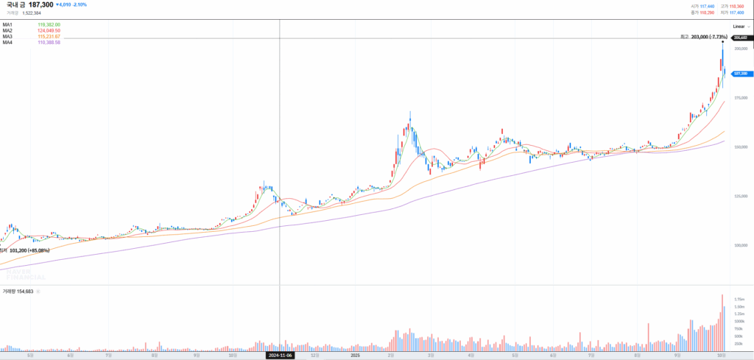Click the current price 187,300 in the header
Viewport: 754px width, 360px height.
pos(40,4)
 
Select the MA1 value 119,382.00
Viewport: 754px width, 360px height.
pos(49,24)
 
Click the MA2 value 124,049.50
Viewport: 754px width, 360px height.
pos(49,30)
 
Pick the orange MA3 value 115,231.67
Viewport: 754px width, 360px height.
pos(49,36)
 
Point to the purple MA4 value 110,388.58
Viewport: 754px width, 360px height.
pos(49,42)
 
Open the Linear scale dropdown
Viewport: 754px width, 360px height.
pos(740,26)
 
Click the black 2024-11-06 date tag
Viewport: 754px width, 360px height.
pos(280,355)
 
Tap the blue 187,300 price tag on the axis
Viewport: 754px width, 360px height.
pos(740,74)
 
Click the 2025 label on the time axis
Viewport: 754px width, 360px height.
pos(355,355)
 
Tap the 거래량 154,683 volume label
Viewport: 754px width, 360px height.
pos(18,292)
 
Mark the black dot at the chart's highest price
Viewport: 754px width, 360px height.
pos(722,42)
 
